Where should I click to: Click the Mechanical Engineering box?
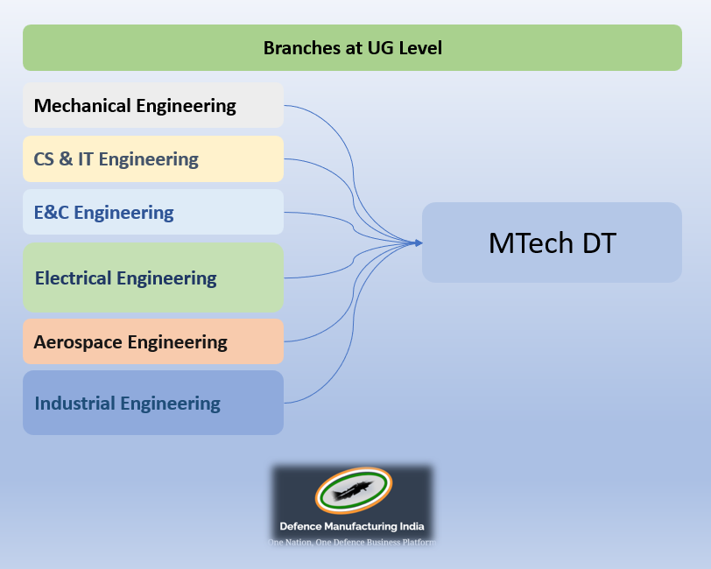coord(153,106)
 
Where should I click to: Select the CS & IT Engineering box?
coord(153,159)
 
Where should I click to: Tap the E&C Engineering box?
coord(153,213)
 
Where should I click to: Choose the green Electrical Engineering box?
coord(153,278)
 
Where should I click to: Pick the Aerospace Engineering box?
coord(153,342)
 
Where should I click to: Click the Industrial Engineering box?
coord(153,404)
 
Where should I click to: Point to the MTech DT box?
coord(552,242)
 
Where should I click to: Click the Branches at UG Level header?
coord(352,48)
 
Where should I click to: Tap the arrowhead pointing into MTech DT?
coord(418,242)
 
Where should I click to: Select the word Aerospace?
coord(78,342)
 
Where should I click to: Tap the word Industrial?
coord(74,404)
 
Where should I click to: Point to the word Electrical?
coord(73,278)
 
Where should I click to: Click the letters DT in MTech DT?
coord(596,243)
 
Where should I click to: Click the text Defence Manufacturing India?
coord(352,527)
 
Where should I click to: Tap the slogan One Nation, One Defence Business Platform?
coord(352,543)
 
